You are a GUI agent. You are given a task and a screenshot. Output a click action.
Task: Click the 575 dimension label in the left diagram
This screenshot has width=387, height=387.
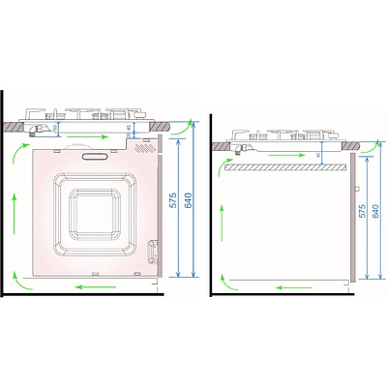(172, 202)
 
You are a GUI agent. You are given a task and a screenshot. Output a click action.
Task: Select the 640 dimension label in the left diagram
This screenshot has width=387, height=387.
(188, 202)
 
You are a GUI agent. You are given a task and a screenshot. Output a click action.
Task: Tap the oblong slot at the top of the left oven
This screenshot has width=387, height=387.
(96, 153)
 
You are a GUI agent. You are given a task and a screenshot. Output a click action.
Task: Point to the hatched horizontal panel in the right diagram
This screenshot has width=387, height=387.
(283, 167)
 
